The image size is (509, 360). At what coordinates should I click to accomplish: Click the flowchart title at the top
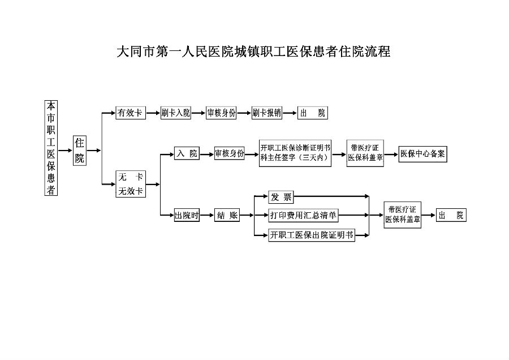[253, 52]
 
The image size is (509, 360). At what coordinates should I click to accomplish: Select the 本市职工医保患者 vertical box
[51, 148]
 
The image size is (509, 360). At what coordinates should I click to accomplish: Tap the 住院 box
[80, 151]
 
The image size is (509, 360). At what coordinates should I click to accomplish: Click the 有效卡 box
[131, 113]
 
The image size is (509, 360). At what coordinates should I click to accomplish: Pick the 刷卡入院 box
[176, 113]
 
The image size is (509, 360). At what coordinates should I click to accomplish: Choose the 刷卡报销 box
[266, 113]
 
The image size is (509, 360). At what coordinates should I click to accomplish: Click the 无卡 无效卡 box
[131, 184]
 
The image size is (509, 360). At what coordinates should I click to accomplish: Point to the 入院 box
[187, 153]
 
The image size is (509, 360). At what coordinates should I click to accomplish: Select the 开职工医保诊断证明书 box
[295, 153]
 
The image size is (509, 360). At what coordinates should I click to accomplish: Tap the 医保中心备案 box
[422, 154]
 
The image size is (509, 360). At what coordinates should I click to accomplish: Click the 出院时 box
[187, 215]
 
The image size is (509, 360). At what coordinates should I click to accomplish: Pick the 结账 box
[227, 215]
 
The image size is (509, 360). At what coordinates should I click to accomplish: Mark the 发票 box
[281, 197]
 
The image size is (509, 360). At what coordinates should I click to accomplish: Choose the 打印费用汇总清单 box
[303, 216]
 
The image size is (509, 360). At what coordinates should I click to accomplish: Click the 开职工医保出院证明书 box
[312, 235]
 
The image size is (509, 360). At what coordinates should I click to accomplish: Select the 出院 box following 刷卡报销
[313, 113]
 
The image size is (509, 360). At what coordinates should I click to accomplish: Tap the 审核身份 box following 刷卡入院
[221, 113]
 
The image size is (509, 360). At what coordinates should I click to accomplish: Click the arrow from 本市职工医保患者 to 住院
[65, 151]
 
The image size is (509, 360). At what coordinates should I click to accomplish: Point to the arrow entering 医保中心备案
[391, 155]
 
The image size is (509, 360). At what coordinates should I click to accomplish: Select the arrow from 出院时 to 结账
[207, 215]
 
